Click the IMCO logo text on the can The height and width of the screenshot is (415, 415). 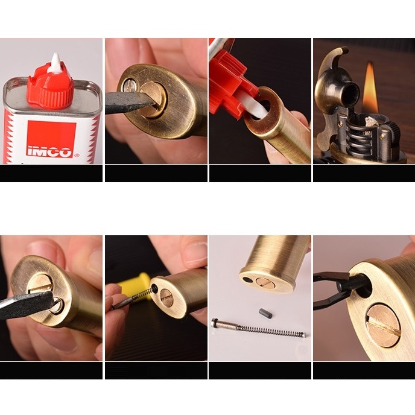[49, 152]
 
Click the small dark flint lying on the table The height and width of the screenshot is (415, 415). [265, 313]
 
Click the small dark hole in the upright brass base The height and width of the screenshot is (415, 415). [247, 279]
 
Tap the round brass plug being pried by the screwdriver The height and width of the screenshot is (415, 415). [154, 99]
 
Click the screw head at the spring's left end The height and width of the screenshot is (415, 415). [214, 322]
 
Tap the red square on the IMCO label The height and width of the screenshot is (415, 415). [52, 139]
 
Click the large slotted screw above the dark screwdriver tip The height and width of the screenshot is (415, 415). [40, 285]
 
